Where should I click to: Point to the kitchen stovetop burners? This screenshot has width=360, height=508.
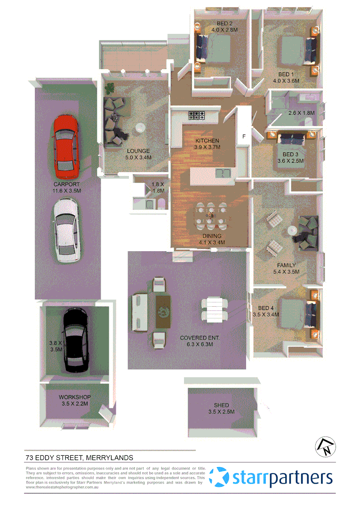(x=197, y=114)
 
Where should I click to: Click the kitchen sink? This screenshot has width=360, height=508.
(x=223, y=173)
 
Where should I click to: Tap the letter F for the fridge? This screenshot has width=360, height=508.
(x=243, y=137)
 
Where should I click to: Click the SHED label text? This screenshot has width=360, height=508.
(x=221, y=405)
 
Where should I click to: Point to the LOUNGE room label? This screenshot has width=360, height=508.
(x=138, y=151)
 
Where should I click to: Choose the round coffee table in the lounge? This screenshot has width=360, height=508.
(x=141, y=127)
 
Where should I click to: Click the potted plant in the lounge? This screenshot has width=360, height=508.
(x=110, y=87)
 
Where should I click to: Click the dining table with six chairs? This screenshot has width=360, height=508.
(x=210, y=215)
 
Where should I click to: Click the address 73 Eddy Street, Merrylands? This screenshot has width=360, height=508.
(x=80, y=458)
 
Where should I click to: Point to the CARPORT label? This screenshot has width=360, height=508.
(x=66, y=184)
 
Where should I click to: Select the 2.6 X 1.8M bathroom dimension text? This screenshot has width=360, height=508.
(x=301, y=113)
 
